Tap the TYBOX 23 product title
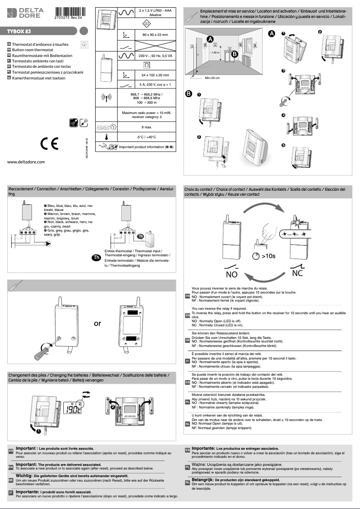18,32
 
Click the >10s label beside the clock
268,256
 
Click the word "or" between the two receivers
97,323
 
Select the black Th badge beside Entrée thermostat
96,257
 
